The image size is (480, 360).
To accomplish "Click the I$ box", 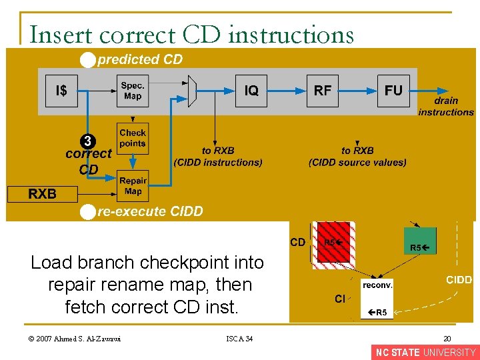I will [61, 91].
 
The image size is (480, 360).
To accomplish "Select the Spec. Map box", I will [133, 91].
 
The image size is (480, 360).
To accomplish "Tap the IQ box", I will [251, 91].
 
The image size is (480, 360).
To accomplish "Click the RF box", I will [322, 91].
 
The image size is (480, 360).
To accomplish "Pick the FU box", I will [393, 91].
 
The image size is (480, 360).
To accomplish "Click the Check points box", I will [133, 138].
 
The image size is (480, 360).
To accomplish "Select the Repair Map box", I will [133, 186].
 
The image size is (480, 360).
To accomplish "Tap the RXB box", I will [42, 194].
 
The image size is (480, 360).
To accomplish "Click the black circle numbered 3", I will [88, 141].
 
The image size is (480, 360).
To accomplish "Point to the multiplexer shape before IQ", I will [192, 91].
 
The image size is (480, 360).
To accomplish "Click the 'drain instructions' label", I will [446, 107].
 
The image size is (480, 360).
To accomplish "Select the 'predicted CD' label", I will [140, 60].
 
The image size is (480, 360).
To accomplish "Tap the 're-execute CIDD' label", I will [150, 212].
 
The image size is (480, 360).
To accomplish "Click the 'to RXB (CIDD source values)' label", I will [357, 157].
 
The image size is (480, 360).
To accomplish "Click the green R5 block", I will [420, 241].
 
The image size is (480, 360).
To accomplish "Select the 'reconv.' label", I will [377, 285].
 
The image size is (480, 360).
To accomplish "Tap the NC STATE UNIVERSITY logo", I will [425, 353].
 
